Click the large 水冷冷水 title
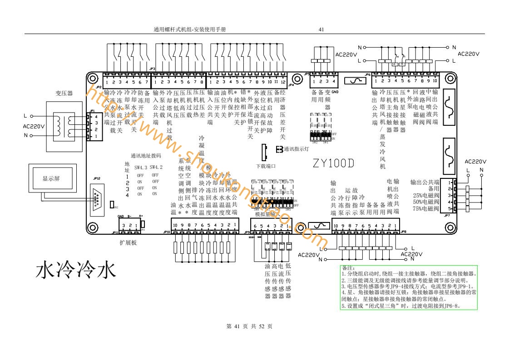[x=76, y=270]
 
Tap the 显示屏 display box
[x=51, y=178]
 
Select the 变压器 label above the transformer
[x=64, y=93]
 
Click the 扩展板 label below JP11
[x=128, y=243]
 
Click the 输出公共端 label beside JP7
[x=425, y=182]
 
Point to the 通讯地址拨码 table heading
[x=146, y=155]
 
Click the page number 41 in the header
[x=321, y=30]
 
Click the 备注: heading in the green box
[x=348, y=268]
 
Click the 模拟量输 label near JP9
[x=265, y=214]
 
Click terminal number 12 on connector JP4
[x=283, y=82]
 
